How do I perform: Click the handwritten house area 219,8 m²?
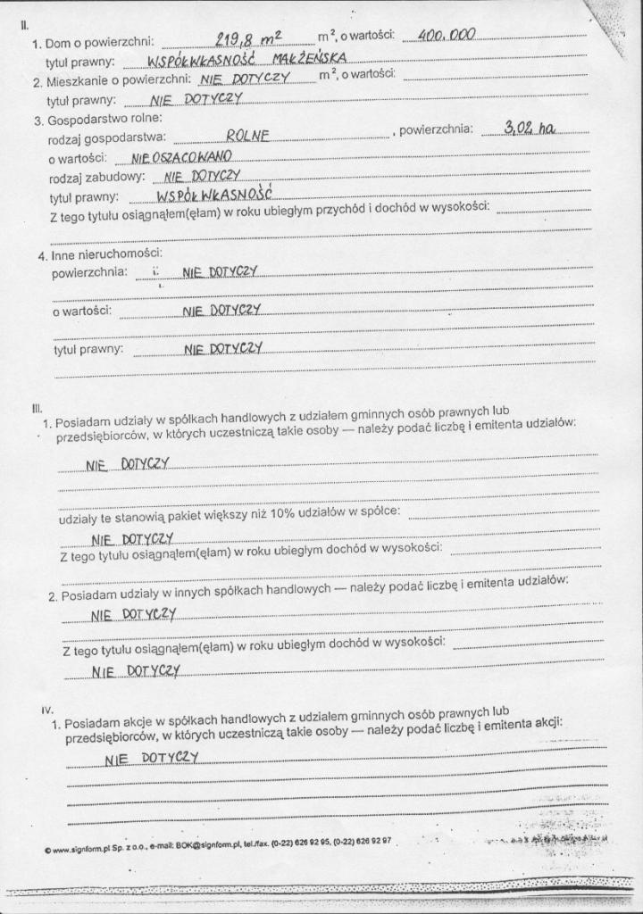248,38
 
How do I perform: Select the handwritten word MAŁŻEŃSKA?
309,61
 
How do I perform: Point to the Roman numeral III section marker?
37,408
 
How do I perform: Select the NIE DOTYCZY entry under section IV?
150,758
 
